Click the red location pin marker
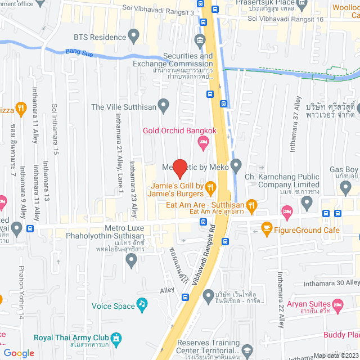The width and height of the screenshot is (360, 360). pyautogui.click(x=179, y=168)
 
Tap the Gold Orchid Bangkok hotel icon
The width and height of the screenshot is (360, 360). pyautogui.click(x=203, y=144)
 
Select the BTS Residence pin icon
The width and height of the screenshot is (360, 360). pyautogui.click(x=134, y=38)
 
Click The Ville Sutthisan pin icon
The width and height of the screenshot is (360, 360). pyautogui.click(x=164, y=105)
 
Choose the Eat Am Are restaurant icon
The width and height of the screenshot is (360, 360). pyautogui.click(x=252, y=205)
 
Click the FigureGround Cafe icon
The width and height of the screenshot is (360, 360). pyautogui.click(x=267, y=229)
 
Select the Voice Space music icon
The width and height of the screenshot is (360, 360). pyautogui.click(x=142, y=305)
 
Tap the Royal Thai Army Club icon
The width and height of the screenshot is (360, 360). pyautogui.click(x=116, y=339)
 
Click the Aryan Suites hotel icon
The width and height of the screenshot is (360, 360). pyautogui.click(x=337, y=307)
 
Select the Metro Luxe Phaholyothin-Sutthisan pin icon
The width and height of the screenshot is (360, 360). pyautogui.click(x=132, y=260)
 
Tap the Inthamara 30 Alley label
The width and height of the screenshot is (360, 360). pyautogui.click(x=330, y=283)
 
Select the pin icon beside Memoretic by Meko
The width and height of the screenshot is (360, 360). pyautogui.click(x=236, y=165)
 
